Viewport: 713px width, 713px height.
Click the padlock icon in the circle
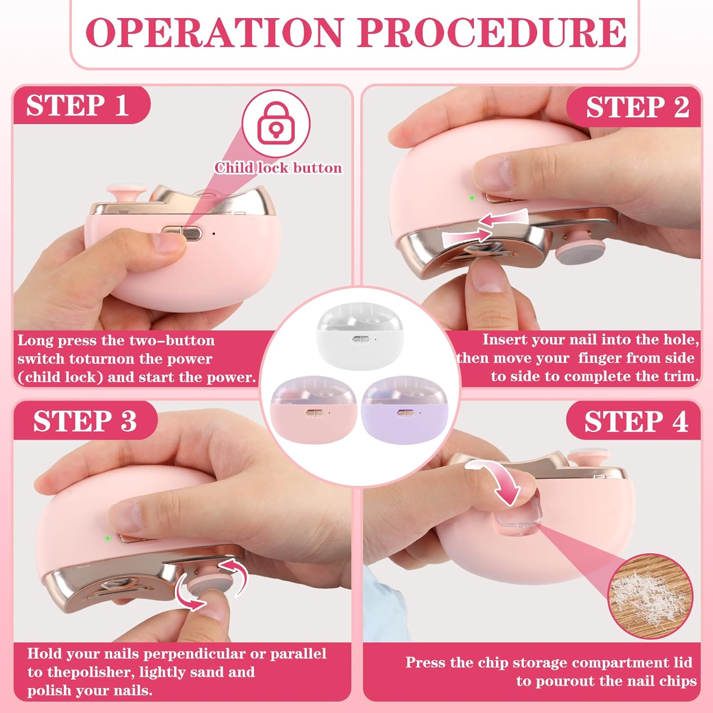pos(276,123)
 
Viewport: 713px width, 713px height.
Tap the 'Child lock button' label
pos(278,168)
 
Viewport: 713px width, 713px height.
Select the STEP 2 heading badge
pos(637,107)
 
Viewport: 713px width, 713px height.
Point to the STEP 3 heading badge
pos(85,421)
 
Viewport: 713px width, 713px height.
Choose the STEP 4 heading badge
pos(636,422)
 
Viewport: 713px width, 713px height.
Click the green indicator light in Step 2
pos(472,197)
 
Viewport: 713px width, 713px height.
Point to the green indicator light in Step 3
pos(108,539)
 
